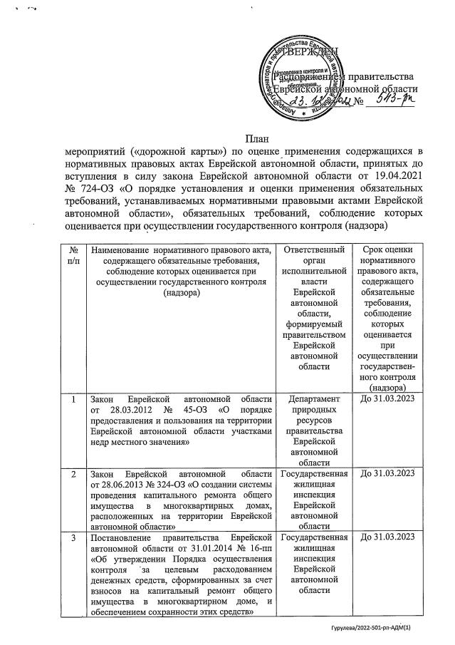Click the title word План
coord(256,136)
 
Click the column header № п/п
coord(73,254)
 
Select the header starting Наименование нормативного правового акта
coord(182,270)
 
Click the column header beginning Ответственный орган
coord(314,306)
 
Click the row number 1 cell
coord(73,400)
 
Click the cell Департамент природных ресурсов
coord(314,428)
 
